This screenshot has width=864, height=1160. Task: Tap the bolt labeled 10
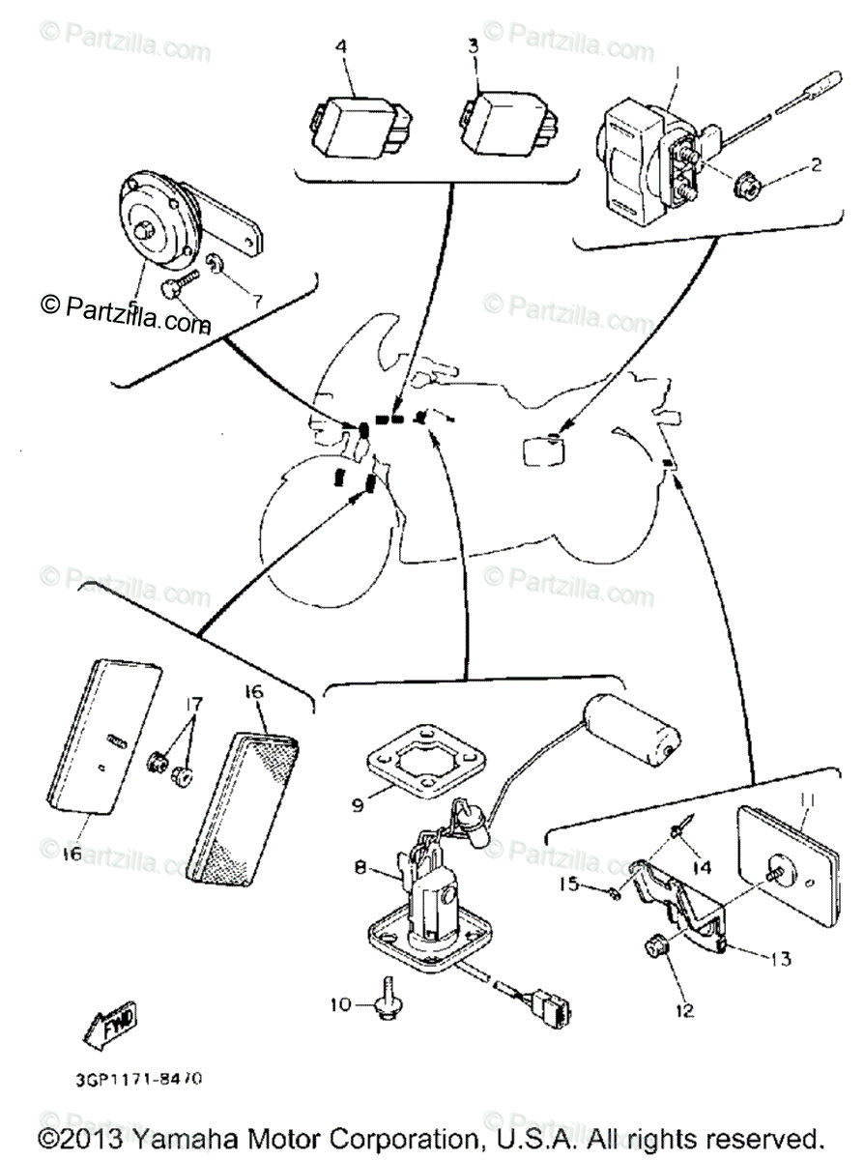click(x=388, y=1004)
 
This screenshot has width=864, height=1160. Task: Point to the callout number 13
click(x=780, y=959)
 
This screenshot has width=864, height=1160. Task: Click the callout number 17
click(x=196, y=704)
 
